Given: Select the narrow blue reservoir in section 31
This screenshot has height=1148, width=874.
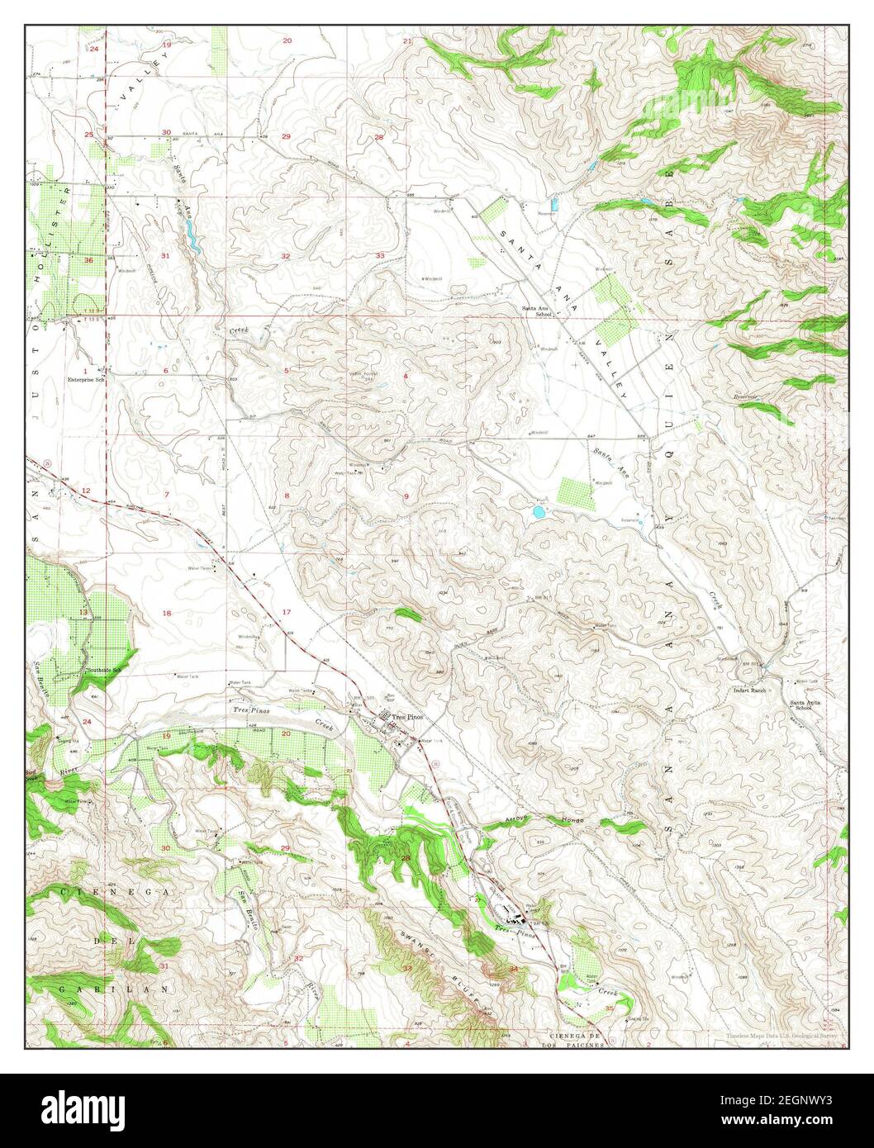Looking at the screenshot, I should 192,241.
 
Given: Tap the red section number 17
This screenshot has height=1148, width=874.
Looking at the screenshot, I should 287,611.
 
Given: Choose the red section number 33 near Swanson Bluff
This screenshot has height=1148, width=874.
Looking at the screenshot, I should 407,967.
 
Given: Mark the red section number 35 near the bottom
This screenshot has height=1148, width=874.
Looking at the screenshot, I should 610,1008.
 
